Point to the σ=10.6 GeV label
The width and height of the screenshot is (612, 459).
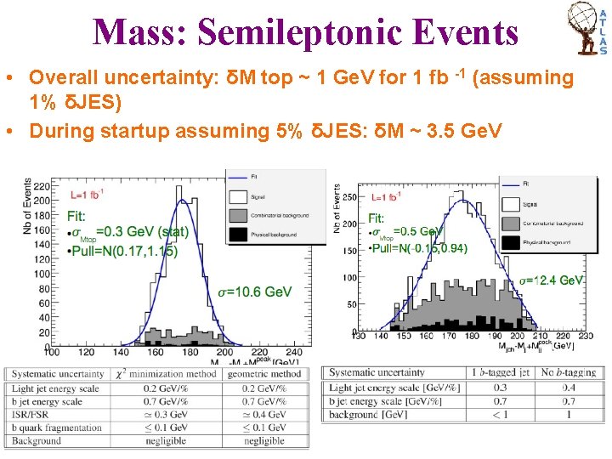click(x=255, y=292)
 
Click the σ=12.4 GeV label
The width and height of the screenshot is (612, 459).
click(x=551, y=280)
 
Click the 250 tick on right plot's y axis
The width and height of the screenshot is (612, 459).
click(x=348, y=197)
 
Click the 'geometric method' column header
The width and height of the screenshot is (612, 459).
click(x=263, y=374)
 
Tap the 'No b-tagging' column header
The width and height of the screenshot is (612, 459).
click(x=568, y=372)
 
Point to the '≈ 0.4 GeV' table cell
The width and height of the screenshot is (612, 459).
click(x=263, y=415)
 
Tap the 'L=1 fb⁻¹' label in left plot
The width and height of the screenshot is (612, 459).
click(x=85, y=195)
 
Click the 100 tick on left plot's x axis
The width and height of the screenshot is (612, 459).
click(x=53, y=350)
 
